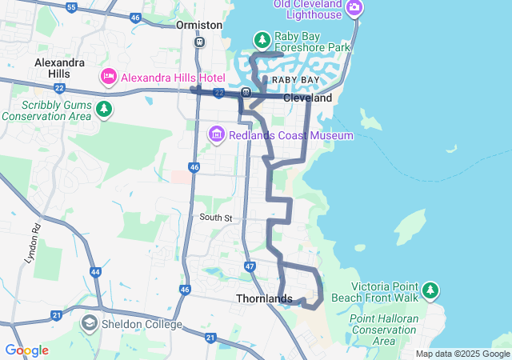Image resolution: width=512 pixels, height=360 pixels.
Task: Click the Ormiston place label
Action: [x=199, y=25]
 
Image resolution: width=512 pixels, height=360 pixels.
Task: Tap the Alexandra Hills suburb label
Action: [x=60, y=68]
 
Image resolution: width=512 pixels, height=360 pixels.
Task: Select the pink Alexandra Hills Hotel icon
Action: [x=108, y=78]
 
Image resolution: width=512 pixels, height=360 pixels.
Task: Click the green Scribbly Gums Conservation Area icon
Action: [x=102, y=108]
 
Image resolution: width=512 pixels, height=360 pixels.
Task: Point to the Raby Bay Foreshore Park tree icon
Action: [x=262, y=39]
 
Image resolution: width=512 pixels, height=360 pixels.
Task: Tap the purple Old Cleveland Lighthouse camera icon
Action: [x=354, y=9]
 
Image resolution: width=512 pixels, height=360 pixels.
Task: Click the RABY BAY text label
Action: [x=295, y=81]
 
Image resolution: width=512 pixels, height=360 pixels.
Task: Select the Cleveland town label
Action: [x=308, y=98]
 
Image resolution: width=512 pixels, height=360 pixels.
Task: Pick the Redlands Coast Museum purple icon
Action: [x=217, y=135]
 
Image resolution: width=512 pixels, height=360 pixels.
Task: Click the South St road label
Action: [x=215, y=218]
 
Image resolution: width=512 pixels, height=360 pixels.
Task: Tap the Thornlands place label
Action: [x=264, y=298]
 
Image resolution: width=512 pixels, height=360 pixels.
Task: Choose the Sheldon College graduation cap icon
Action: [x=90, y=323]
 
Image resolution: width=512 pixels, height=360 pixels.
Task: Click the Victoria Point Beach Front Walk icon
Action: [x=431, y=289]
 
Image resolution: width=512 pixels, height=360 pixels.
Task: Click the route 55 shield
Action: [x=72, y=7]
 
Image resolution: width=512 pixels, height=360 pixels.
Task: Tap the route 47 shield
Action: [x=250, y=266]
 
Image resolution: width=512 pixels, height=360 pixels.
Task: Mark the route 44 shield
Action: [x=95, y=273]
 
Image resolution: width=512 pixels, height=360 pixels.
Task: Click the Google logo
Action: [x=26, y=350]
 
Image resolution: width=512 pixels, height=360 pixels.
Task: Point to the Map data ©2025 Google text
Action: [x=462, y=354]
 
